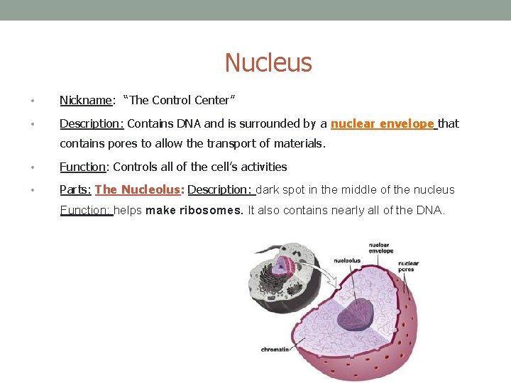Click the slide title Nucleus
click(268, 63)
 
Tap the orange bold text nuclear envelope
click(383, 124)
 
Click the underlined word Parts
click(75, 189)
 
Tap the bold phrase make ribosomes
click(194, 211)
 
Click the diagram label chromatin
click(275, 350)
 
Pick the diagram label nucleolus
click(347, 260)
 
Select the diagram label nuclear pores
click(408, 266)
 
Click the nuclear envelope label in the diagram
click(380, 248)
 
